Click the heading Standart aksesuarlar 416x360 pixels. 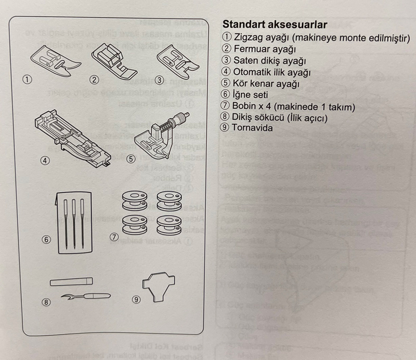[274, 24]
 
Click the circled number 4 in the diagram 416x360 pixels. [45, 161]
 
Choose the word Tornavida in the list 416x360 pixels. [253, 128]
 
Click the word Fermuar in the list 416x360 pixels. [253, 49]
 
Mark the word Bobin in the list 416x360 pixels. [245, 106]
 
